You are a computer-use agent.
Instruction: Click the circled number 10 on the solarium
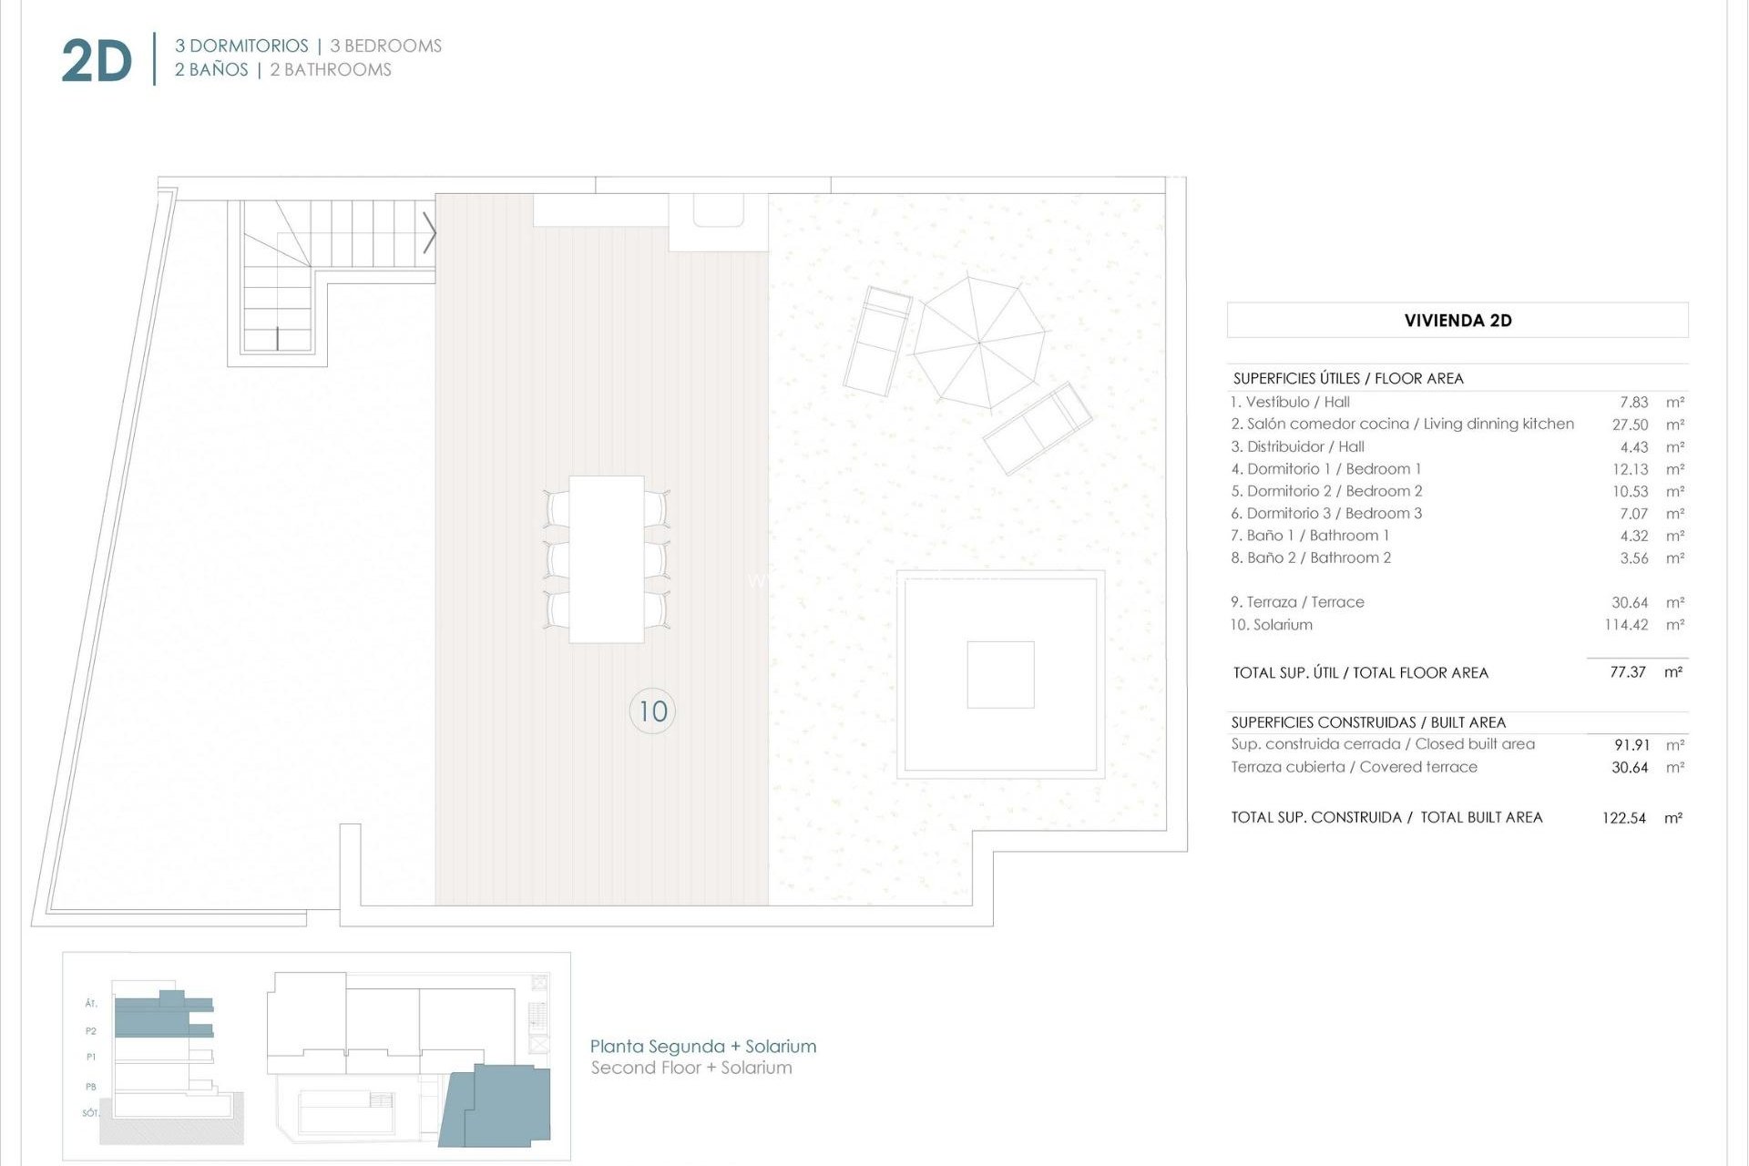(652, 711)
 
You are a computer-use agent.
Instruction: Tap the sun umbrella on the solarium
(979, 343)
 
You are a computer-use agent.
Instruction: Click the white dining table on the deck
(606, 558)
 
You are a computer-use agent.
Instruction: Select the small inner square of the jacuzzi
(1000, 674)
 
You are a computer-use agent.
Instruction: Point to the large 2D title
(97, 61)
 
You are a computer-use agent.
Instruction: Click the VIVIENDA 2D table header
(1457, 320)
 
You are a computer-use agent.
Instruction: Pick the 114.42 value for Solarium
(1625, 625)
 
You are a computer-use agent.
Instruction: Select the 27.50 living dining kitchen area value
(1630, 424)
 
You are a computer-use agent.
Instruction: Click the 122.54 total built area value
(1623, 818)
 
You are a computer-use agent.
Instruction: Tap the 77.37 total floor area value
(1627, 672)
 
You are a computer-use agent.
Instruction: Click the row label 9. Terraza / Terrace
(1296, 602)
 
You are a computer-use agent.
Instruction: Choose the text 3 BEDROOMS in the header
(385, 46)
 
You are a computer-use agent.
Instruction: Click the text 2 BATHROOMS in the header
(330, 70)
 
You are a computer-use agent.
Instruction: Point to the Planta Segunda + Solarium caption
(702, 1046)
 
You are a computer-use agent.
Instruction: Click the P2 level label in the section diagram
(91, 1031)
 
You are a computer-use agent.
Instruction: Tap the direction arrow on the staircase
(429, 233)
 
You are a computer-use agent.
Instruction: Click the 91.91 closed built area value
(1631, 745)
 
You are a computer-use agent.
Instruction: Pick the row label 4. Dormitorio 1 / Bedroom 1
(1325, 469)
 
